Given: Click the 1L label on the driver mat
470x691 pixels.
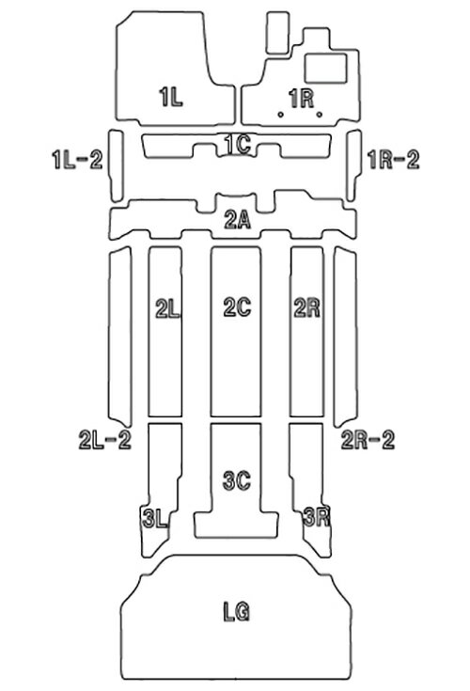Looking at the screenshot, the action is (171, 97).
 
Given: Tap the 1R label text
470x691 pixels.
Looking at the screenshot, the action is (302, 98).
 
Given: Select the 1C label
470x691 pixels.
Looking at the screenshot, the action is (238, 144).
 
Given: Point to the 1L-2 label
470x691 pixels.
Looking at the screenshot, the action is (77, 159).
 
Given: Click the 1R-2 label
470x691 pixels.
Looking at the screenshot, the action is (393, 159).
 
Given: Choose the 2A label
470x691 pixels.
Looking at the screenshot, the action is (238, 219).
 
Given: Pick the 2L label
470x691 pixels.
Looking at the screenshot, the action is (167, 308).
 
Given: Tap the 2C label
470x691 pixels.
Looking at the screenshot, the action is (238, 306).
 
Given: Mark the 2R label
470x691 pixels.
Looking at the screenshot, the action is (307, 307).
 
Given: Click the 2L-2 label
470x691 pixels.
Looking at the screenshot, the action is (105, 439).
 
